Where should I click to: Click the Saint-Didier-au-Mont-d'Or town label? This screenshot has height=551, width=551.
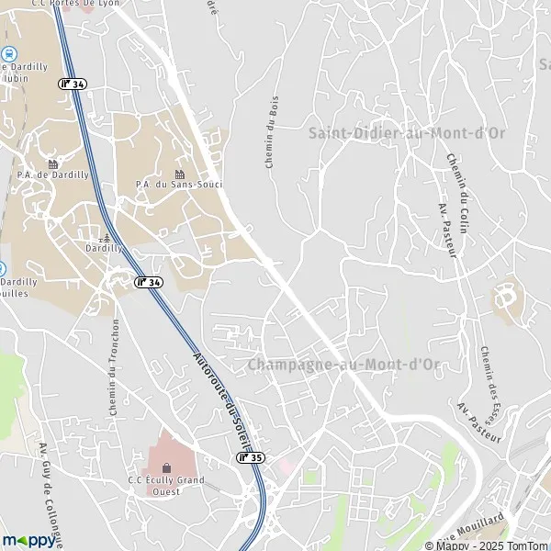pos(407,133)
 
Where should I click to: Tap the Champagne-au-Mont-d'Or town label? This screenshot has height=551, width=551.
pos(344,365)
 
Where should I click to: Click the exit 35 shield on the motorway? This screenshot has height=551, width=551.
pos(250,456)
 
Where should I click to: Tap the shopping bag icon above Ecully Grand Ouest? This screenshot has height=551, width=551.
pos(166,467)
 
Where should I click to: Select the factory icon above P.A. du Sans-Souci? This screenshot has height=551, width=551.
pos(180,174)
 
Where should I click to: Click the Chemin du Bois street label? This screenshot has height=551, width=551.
pos(271,146)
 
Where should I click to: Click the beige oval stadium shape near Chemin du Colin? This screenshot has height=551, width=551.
pos(506,298)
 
